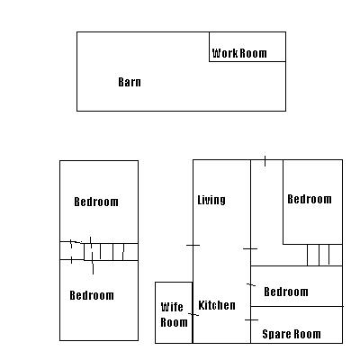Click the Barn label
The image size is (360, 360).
[130, 82]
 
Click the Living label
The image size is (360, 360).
[211, 200]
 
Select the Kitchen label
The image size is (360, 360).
[217, 305]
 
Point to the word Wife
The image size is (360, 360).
[172, 307]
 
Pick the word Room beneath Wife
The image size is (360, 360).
[174, 322]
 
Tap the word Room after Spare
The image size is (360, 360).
[307, 334]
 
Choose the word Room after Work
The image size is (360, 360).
[254, 53]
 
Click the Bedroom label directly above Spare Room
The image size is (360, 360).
[286, 292]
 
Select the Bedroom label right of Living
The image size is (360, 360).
[310, 199]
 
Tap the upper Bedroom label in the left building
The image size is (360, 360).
[96, 202]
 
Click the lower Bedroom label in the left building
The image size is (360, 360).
[92, 295]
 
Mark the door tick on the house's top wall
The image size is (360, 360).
[265, 161]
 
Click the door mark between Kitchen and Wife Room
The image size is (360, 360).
[193, 314]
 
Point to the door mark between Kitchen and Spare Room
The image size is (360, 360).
[251, 320]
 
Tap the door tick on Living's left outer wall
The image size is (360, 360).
[193, 245]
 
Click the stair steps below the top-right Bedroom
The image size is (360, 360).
[325, 255]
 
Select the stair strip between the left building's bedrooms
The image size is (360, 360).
[99, 251]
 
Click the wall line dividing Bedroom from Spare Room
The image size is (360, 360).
[297, 306]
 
